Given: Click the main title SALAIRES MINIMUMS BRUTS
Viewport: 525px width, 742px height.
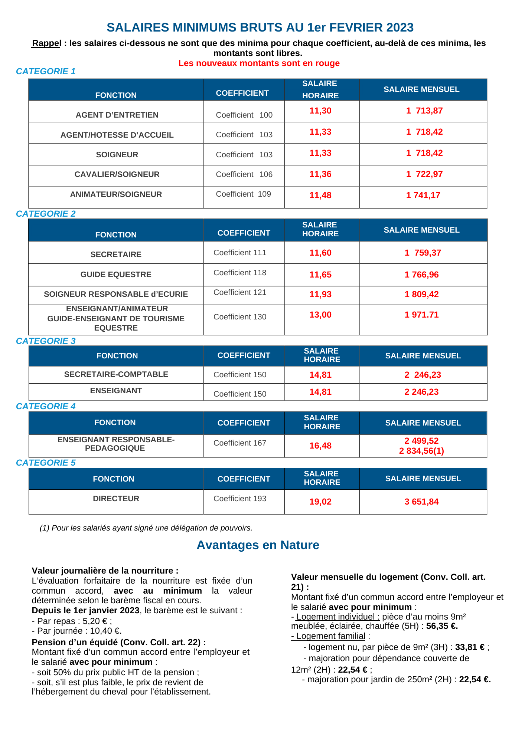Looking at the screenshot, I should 260,27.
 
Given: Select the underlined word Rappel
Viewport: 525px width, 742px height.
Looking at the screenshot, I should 46,43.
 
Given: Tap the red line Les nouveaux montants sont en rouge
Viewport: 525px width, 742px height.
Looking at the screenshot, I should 259,63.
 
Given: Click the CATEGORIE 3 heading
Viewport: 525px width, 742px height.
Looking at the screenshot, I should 46,341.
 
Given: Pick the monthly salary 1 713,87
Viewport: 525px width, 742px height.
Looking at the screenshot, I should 424,111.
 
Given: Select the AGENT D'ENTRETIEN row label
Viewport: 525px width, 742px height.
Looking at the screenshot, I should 117,115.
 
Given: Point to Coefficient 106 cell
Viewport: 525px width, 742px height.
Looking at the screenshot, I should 244,174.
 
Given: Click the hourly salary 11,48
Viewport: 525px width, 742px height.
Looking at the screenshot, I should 320,196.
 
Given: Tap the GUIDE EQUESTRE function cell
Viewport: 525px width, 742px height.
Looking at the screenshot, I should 116,275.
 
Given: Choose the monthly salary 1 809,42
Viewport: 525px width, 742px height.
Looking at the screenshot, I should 421,295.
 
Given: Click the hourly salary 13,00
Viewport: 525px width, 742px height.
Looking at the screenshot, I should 320,315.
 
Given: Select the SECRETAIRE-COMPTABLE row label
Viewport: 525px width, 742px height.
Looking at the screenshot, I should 116,374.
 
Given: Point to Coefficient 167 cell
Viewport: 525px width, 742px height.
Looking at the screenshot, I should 240,443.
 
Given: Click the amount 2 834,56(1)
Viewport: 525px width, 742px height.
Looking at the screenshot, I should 421,451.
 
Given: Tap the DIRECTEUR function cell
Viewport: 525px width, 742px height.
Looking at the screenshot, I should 116,499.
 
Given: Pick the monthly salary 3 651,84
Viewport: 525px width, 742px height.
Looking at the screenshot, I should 421,502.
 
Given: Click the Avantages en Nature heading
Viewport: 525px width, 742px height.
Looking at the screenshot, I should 258,545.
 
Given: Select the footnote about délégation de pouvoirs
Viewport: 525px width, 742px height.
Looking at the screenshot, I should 146,528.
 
